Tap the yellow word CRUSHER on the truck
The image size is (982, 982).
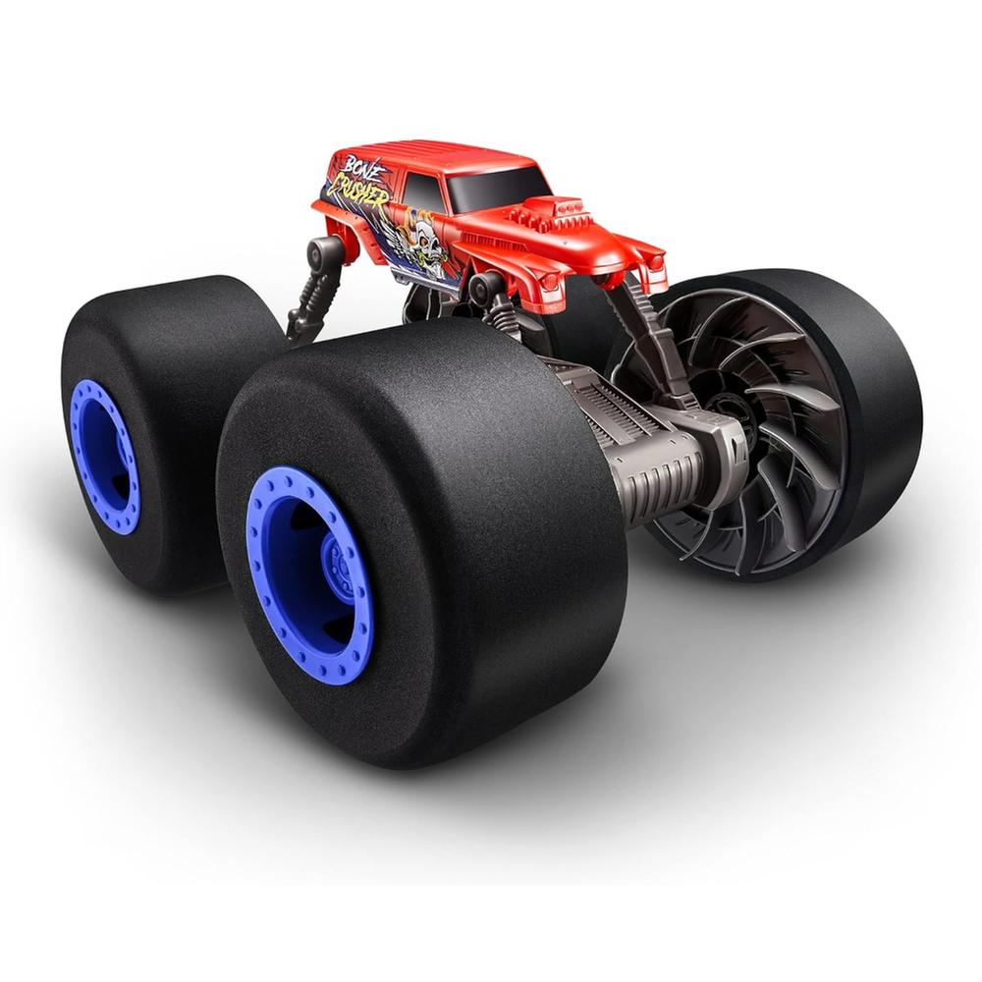click(x=357, y=190)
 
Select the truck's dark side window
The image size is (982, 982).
click(x=422, y=189)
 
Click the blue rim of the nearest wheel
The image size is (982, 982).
click(x=310, y=574)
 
